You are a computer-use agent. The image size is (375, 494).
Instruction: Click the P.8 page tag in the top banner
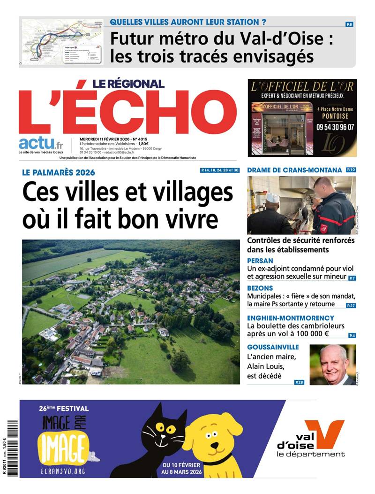click(349, 24)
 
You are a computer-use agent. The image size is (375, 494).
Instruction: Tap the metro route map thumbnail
click(62, 42)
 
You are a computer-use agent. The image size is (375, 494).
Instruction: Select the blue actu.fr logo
click(41, 143)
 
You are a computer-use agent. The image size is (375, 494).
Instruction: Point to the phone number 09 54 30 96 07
click(335, 127)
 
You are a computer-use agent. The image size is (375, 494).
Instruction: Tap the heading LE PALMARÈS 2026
click(59, 172)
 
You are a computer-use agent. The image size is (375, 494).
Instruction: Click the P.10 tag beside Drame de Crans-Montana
click(351, 170)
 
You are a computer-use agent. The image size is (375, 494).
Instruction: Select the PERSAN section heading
click(260, 260)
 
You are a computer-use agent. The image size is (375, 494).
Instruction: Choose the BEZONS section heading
click(261, 288)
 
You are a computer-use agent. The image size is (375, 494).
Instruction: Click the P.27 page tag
click(351, 306)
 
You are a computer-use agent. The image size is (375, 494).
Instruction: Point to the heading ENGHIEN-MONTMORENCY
click(291, 318)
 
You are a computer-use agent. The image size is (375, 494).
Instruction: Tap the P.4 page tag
click(352, 335)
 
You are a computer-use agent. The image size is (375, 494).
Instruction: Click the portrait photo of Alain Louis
click(332, 364)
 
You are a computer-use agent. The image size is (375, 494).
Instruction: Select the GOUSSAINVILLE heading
click(273, 347)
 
